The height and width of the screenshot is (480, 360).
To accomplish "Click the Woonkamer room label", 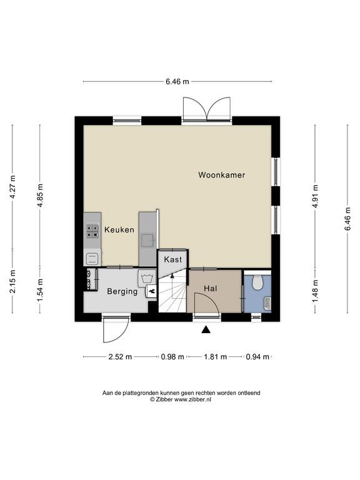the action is [x=222, y=175].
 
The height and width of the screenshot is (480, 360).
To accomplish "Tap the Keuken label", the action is [x=119, y=229].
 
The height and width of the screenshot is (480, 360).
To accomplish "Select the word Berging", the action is [x=122, y=291].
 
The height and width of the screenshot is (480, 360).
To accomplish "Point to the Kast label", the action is [x=173, y=259].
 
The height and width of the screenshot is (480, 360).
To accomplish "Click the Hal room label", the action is [x=211, y=288].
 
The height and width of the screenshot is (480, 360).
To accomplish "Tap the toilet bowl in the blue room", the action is [x=257, y=282].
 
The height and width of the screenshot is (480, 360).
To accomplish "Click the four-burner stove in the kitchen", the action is [x=92, y=231].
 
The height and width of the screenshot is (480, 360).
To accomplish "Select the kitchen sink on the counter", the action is [x=148, y=241].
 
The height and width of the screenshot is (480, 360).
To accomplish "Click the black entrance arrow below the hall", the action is [x=206, y=329].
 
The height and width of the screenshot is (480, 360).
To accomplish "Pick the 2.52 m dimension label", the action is [x=120, y=357].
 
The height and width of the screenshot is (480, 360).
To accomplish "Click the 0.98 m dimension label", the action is [x=172, y=357].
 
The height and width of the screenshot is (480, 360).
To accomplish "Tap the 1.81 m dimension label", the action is [x=216, y=357].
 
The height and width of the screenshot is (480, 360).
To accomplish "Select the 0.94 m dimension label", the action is [x=257, y=357].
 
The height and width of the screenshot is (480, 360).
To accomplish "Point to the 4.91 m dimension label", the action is [x=315, y=196].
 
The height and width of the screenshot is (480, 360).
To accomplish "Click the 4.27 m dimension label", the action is [x=12, y=187].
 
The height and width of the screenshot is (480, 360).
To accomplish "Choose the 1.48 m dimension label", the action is [x=315, y=291].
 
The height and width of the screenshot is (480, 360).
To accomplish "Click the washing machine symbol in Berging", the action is [x=147, y=279].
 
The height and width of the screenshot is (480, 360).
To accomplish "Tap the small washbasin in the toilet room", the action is [x=267, y=302].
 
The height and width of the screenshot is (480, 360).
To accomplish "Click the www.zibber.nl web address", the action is [x=192, y=399].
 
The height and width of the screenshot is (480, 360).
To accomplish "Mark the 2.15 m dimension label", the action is [x=12, y=281].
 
